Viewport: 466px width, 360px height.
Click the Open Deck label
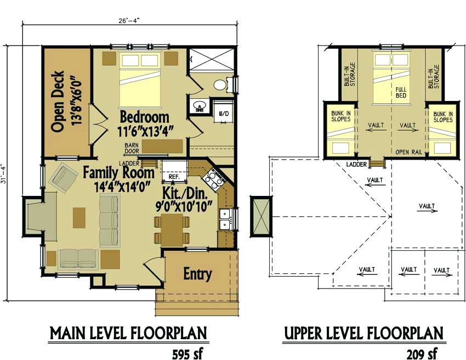click(66, 101)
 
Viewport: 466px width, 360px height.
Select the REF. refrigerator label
click(174, 176)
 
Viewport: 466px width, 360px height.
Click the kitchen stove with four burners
click(214, 178)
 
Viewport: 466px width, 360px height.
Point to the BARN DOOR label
click(132, 148)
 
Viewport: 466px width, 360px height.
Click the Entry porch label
click(197, 274)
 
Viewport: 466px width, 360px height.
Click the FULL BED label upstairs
click(401, 93)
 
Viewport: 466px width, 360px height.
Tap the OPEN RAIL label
click(409, 152)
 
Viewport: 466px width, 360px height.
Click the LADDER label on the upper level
click(356, 164)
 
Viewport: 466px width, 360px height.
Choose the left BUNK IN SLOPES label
click(341, 116)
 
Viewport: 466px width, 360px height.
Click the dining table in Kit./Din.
click(172, 230)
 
